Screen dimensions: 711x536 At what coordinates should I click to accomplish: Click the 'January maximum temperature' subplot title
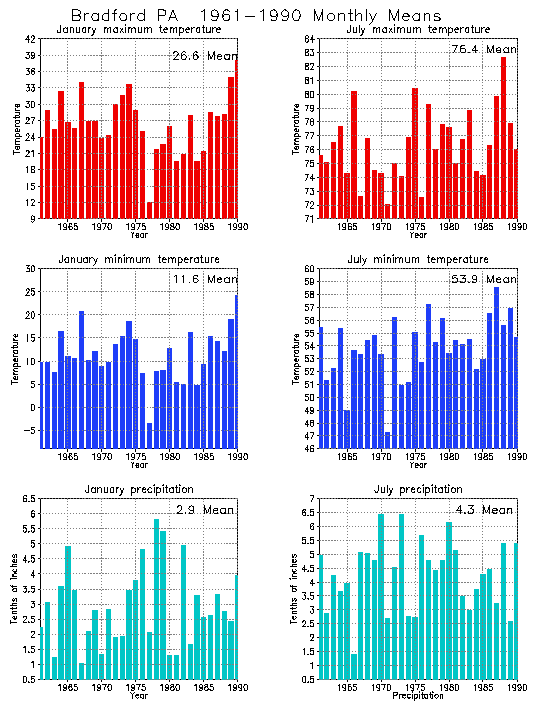(x=139, y=29)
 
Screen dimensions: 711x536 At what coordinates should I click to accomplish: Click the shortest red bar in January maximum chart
(x=150, y=210)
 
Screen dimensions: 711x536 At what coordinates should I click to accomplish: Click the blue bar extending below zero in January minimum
(x=150, y=431)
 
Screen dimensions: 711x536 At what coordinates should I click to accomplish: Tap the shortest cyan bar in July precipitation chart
(x=353, y=670)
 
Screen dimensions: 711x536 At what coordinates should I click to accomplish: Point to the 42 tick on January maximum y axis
(x=31, y=38)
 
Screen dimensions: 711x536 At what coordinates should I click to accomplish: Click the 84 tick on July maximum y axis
(x=310, y=52)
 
